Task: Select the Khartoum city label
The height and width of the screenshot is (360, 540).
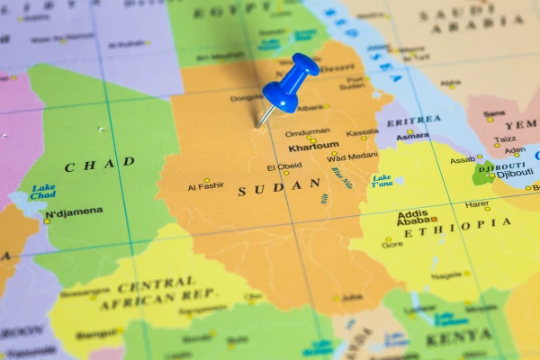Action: (x=313, y=146)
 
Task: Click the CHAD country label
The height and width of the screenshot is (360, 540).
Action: (x=100, y=165)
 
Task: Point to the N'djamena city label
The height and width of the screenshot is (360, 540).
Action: (x=74, y=212)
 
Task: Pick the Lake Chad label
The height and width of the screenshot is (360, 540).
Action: (x=42, y=192)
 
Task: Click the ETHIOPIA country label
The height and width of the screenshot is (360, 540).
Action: (x=456, y=227)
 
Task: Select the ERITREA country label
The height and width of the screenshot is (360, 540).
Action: (x=413, y=120)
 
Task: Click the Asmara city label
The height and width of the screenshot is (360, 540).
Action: (x=413, y=136)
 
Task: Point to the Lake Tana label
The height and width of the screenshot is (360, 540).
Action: (x=382, y=180)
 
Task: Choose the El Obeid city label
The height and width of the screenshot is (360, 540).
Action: (x=283, y=167)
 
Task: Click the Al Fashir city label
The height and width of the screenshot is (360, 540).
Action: (x=204, y=187)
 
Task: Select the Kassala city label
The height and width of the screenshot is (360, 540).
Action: (x=362, y=132)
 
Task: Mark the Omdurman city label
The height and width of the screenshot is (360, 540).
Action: (x=307, y=132)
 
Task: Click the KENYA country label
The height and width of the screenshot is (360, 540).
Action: (x=458, y=339)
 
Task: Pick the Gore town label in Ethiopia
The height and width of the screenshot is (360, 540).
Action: (x=391, y=244)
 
